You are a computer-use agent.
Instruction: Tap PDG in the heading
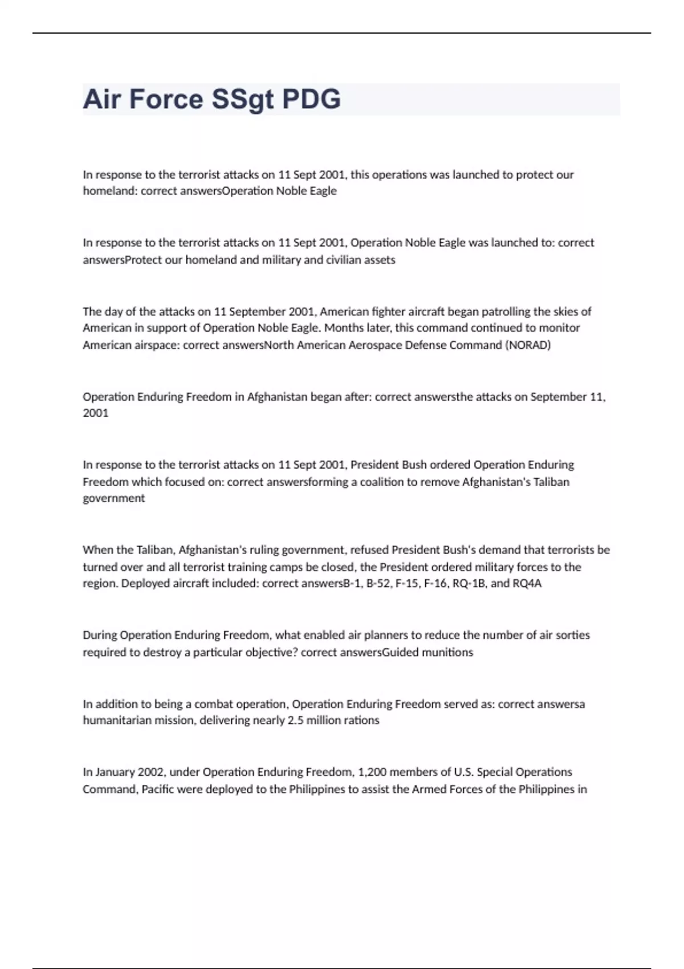tap(312, 99)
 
